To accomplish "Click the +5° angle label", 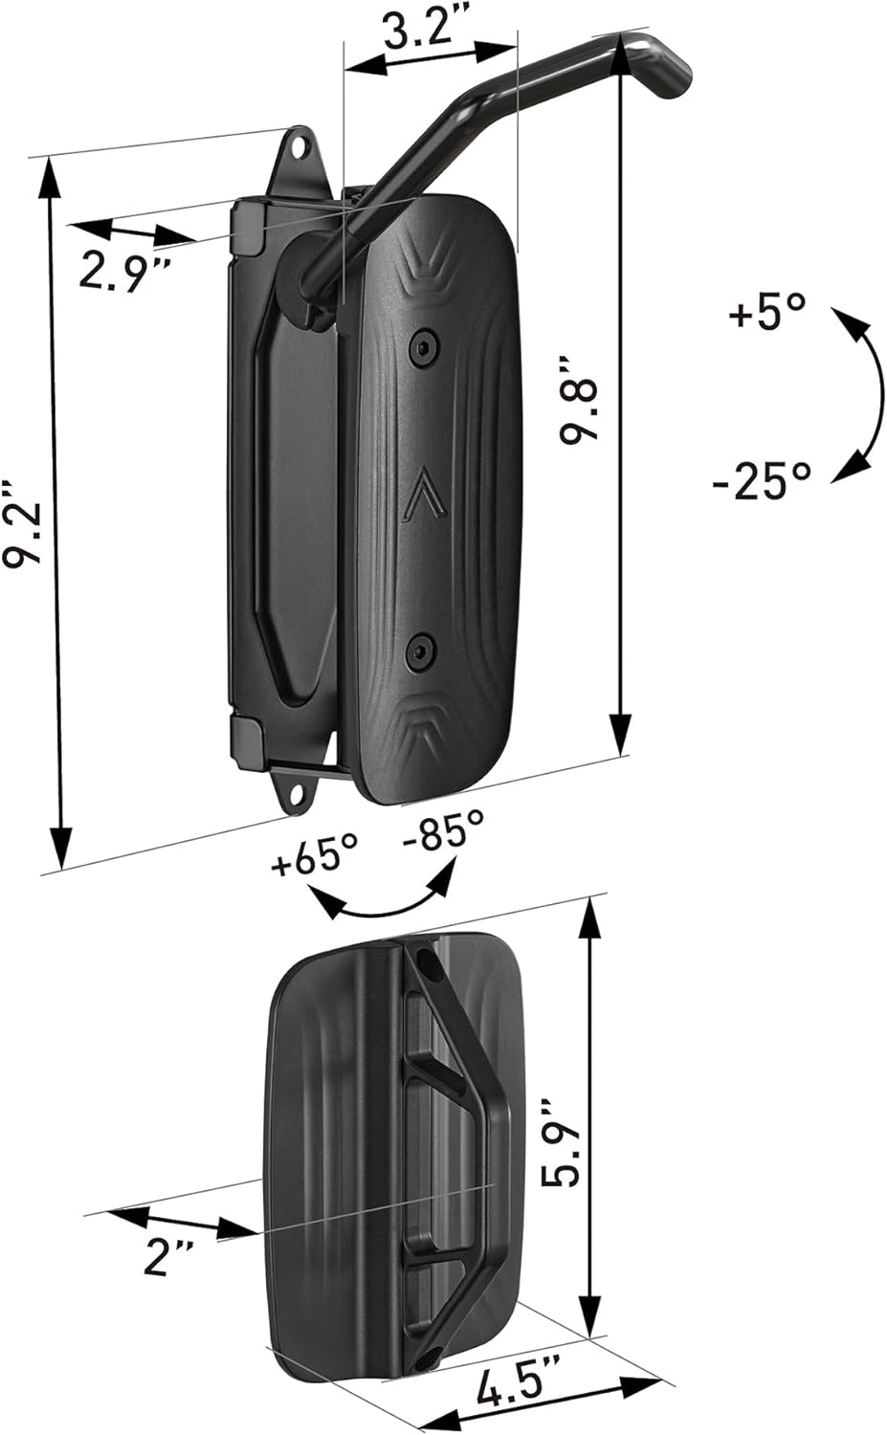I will click(x=767, y=312).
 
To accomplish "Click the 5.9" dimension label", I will click(x=558, y=1143).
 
